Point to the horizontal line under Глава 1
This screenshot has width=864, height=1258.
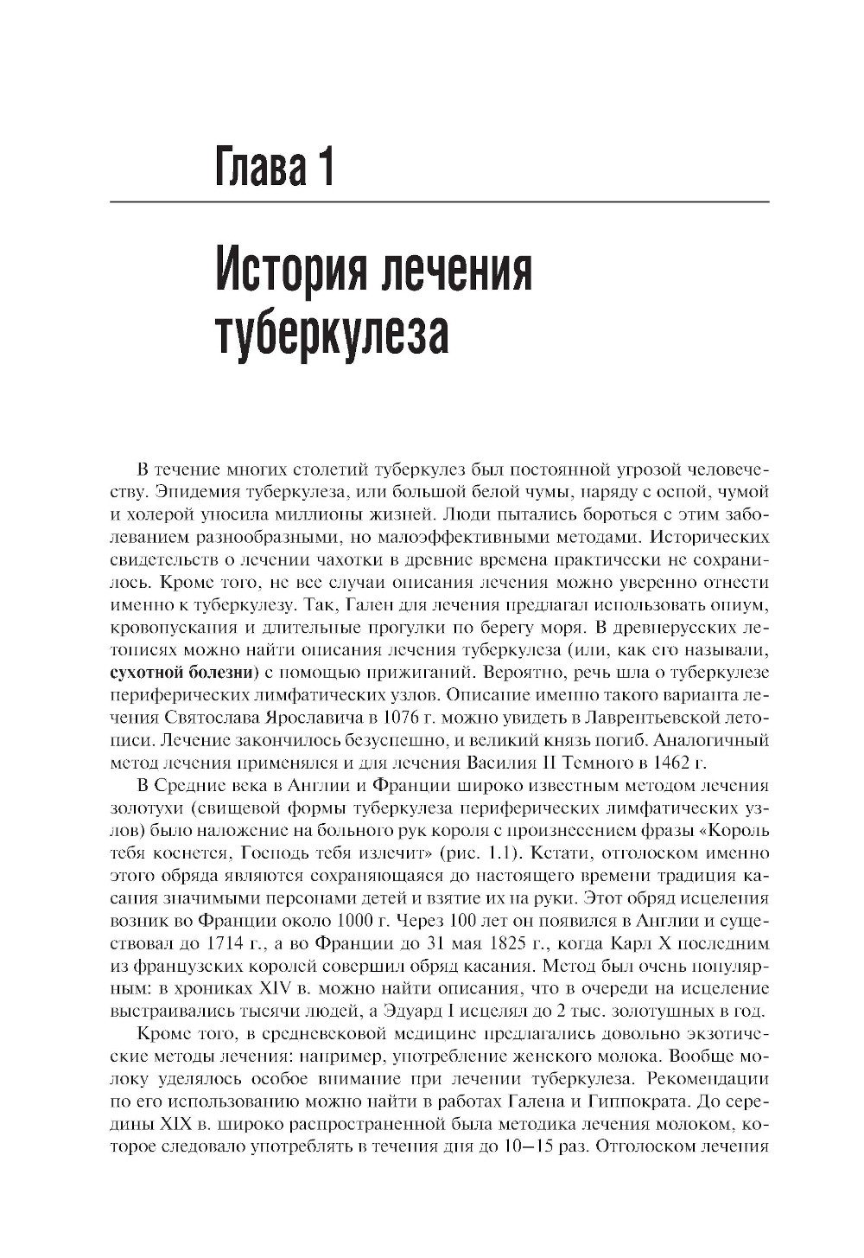click(439, 201)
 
